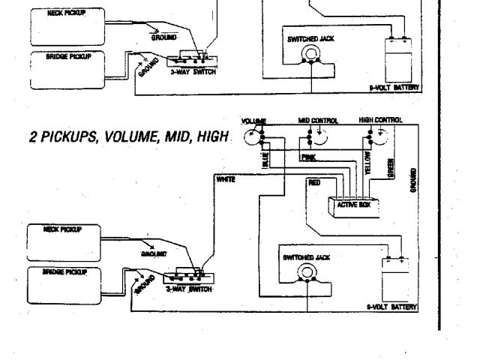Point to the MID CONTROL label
pos(318,120)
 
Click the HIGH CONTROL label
pos(380,120)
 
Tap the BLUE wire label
pos(265,161)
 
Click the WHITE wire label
pos(225,180)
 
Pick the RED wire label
pos(314,181)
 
